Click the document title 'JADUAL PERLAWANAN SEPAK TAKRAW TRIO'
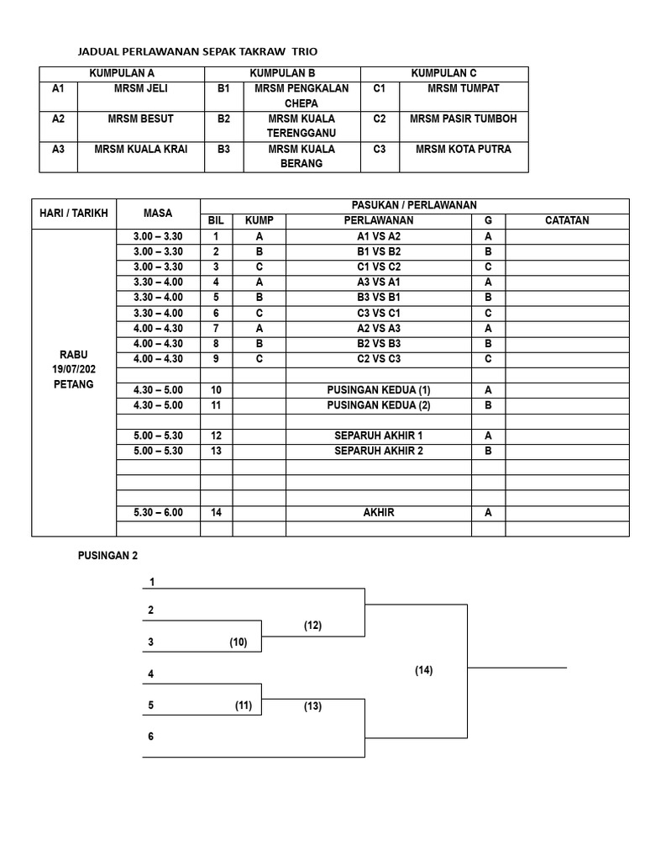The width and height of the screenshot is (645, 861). tap(197, 51)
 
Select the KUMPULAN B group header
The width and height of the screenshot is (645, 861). tap(282, 74)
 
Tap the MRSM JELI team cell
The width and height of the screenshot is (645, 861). tap(140, 88)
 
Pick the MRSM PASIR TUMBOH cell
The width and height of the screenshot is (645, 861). tap(463, 119)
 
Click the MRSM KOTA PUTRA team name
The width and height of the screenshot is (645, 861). tap(463, 149)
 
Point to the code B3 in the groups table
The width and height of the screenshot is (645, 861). tap(223, 149)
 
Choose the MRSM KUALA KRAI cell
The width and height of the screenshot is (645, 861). tap(140, 149)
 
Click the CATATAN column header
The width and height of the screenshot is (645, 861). tap(567, 220)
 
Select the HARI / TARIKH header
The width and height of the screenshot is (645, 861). tap(74, 213)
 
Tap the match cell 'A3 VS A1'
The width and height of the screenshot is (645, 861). tap(379, 282)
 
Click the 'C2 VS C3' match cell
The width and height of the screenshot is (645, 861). tap(379, 359)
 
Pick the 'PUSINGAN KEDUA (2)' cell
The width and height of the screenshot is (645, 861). tap(379, 405)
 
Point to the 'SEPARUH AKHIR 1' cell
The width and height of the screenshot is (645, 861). tap(379, 436)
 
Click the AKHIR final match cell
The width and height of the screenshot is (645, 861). tap(379, 512)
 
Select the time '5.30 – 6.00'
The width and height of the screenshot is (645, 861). tap(158, 512)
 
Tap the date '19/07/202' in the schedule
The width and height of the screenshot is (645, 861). tap(74, 369)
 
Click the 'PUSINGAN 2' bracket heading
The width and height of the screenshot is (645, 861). tap(107, 556)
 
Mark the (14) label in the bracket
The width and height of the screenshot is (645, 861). tap(423, 670)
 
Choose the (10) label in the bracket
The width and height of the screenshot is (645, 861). tap(239, 642)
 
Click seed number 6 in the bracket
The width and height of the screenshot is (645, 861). tap(151, 737)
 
